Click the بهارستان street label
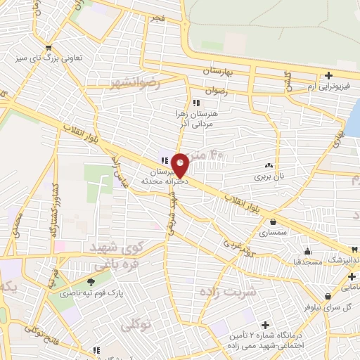(x=221, y=72)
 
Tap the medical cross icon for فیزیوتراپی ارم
(x=328, y=76)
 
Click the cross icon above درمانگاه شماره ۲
(x=265, y=325)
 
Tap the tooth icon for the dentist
(x=356, y=250)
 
